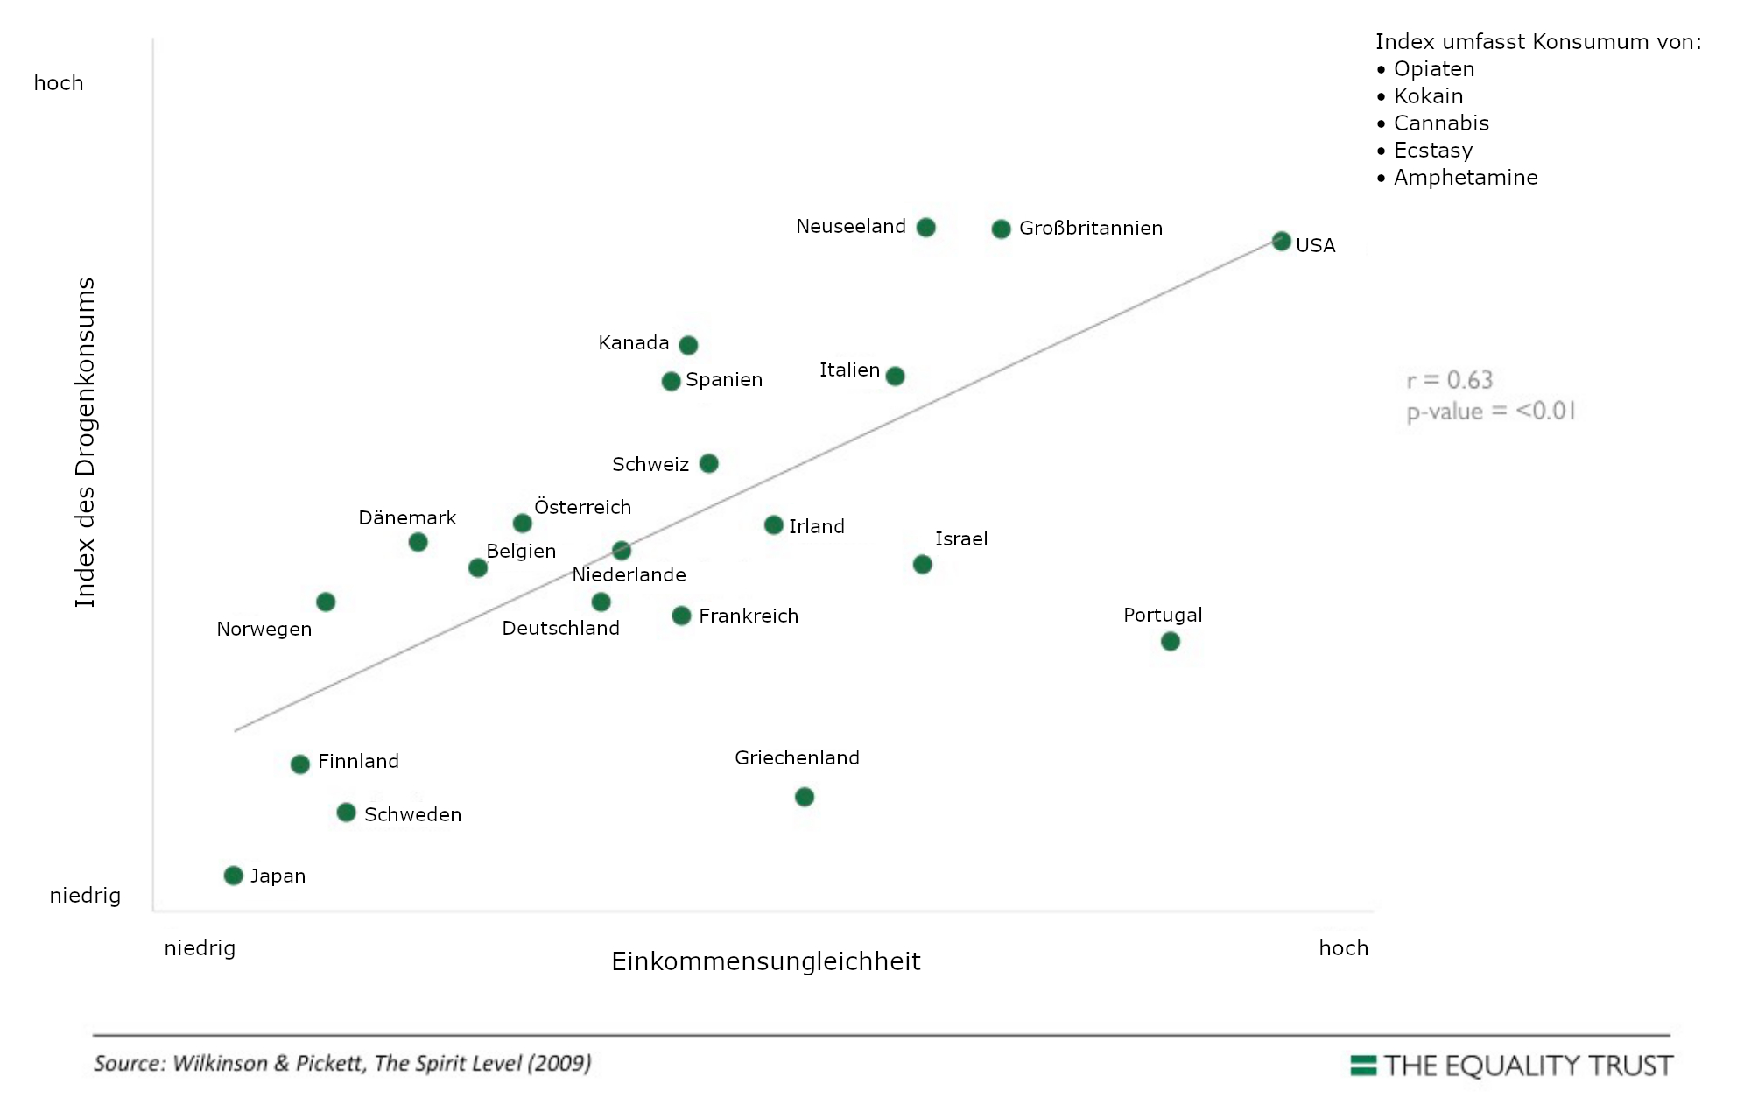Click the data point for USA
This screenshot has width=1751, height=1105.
point(1281,241)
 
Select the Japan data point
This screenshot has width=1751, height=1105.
point(233,876)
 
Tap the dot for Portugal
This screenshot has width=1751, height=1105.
point(1170,641)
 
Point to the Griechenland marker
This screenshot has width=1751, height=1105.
point(804,796)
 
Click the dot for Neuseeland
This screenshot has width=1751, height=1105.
point(925,228)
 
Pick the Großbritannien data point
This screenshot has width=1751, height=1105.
point(1001,229)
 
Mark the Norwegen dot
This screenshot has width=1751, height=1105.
point(326,602)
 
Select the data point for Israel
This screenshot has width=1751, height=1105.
point(922,564)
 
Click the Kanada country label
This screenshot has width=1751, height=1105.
point(633,343)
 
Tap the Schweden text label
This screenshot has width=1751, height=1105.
point(412,814)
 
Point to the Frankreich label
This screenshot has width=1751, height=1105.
point(749,616)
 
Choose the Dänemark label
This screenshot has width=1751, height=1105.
point(407,517)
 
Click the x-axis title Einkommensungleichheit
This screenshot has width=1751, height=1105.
point(765,961)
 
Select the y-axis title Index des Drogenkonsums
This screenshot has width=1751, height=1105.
point(85,442)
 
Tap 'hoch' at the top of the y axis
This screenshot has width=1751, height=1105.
point(59,83)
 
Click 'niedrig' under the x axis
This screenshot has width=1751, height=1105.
point(200,948)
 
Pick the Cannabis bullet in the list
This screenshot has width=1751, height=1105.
point(1440,123)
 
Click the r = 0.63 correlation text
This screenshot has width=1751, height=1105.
point(1449,380)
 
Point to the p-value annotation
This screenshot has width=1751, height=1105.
point(1490,412)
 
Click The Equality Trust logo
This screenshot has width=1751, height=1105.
point(1511,1066)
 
